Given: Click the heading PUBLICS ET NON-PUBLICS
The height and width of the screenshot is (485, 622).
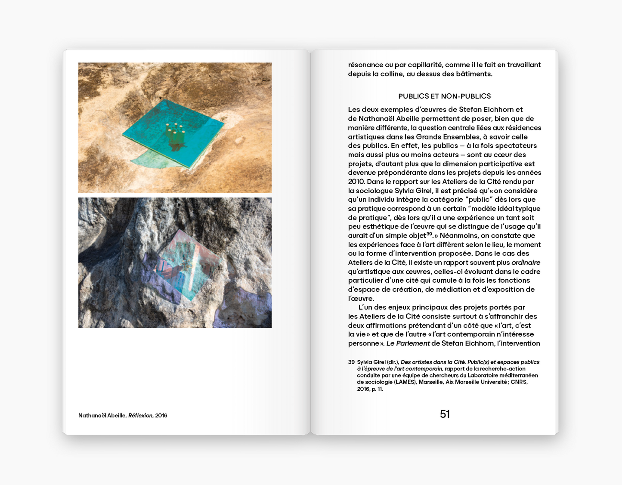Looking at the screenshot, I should (x=444, y=96).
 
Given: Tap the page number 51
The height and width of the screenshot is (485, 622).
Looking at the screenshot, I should (x=445, y=414).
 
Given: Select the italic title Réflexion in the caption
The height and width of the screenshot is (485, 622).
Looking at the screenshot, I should (x=140, y=415).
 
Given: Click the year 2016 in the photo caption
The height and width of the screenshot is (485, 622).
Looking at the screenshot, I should (x=161, y=415).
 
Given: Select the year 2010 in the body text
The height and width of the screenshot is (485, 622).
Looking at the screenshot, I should (x=356, y=182).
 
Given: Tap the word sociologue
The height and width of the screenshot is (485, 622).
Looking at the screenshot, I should (x=374, y=191).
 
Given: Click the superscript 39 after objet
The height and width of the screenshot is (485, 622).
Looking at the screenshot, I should (x=429, y=234).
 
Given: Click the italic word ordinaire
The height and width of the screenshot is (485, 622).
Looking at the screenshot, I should (x=526, y=263).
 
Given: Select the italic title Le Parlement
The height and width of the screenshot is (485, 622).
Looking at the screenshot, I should (x=408, y=343).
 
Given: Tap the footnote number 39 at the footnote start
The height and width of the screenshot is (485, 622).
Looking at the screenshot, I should (x=351, y=362).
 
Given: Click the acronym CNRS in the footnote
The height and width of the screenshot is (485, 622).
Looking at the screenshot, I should (x=519, y=382).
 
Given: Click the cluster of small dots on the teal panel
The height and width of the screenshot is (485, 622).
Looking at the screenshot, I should (x=175, y=128).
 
